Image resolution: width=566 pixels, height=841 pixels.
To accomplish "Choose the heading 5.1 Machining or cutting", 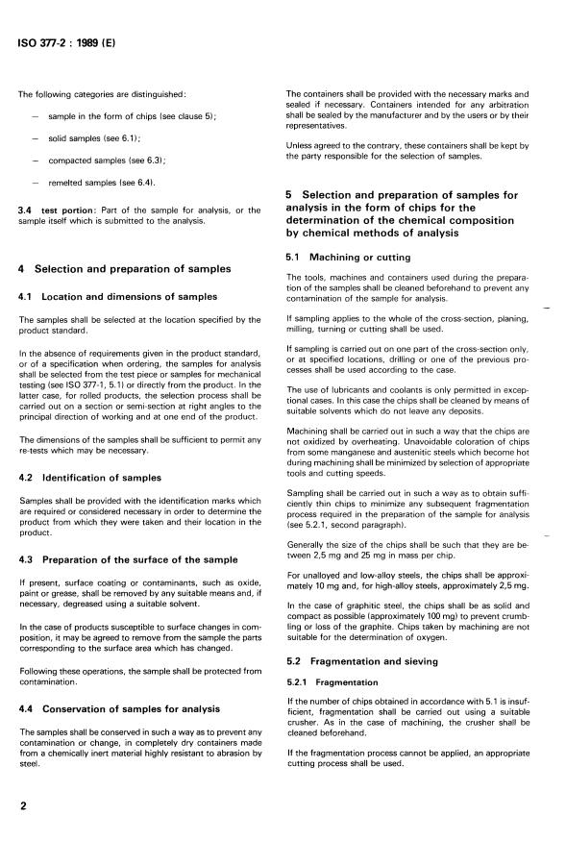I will click(349, 257).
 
